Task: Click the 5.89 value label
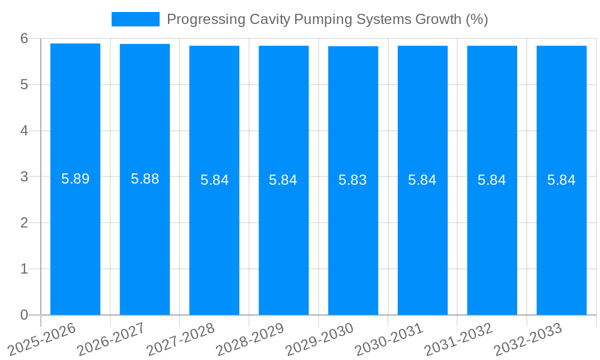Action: (x=75, y=179)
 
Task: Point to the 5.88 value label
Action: (x=145, y=179)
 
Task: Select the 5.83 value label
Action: (x=353, y=180)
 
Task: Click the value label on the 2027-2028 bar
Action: (x=214, y=180)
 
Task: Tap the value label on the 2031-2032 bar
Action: (x=491, y=180)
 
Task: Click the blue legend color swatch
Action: (x=136, y=19)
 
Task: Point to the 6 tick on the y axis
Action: (x=24, y=38)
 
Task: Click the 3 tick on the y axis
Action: (x=24, y=176)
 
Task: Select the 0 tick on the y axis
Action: (x=24, y=315)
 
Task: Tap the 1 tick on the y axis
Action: (x=24, y=269)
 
